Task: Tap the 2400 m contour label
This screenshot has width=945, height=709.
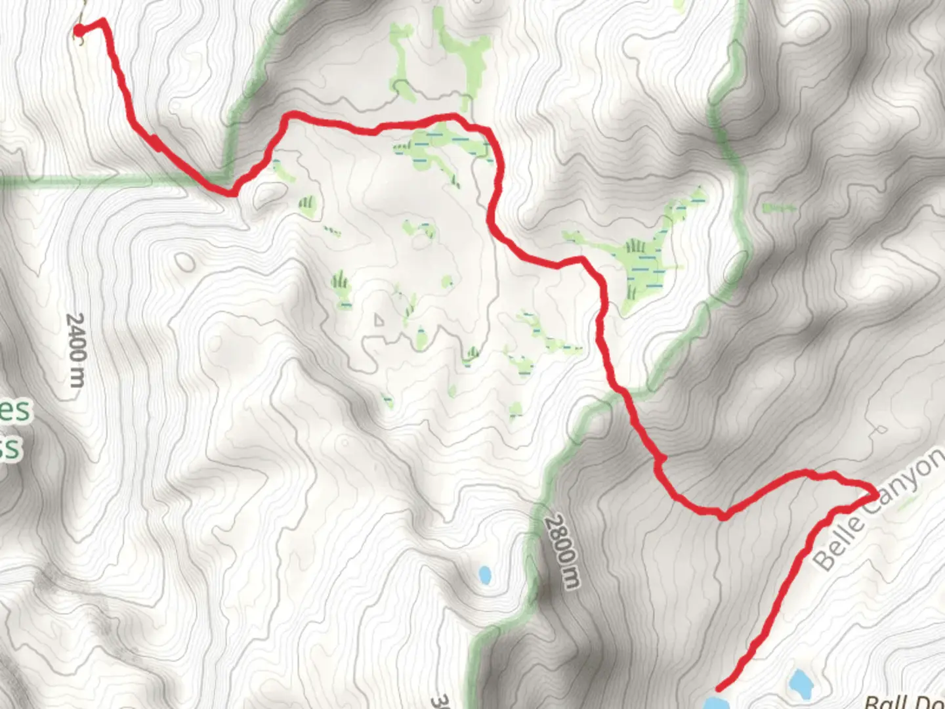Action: click(x=76, y=349)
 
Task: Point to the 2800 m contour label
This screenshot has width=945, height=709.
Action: click(x=563, y=551)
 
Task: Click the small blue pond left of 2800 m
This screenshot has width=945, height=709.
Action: click(x=485, y=575)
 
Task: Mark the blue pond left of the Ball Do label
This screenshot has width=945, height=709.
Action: click(x=801, y=684)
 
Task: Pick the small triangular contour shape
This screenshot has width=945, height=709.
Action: click(x=379, y=320)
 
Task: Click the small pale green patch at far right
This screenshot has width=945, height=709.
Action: click(x=778, y=209)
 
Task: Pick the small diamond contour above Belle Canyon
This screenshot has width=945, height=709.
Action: click(x=878, y=430)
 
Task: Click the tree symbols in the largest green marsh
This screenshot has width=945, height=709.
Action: click(x=634, y=248)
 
